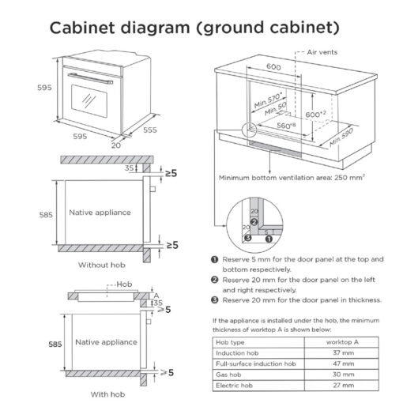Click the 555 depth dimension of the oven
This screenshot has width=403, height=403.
150,130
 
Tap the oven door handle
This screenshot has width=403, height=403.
90,78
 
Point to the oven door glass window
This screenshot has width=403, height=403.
89,101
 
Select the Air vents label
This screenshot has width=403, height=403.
322,52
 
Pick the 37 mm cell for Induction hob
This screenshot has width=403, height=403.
343,352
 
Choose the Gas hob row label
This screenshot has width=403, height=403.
228,375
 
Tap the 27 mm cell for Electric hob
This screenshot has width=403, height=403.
343,386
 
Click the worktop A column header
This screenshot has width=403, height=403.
342,342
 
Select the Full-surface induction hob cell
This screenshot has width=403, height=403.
256,363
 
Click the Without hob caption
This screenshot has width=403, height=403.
102,265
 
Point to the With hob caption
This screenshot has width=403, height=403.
107,394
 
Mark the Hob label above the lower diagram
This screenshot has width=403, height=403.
124,284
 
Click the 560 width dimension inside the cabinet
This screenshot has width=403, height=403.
286,126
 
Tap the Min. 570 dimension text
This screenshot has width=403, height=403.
268,100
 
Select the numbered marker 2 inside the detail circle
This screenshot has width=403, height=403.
254,222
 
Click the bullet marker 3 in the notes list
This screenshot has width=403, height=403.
215,299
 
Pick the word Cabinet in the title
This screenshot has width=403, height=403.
82,28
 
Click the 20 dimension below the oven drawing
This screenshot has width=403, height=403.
116,145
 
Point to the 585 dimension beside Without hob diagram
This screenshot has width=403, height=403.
46,215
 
